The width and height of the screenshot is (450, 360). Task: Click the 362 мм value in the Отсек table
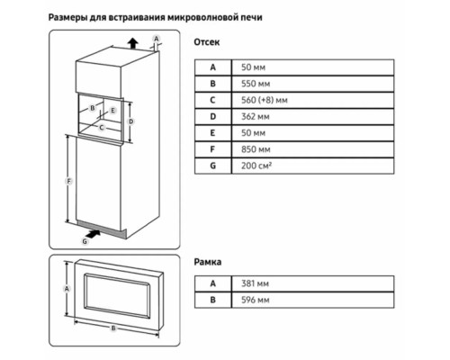(256, 116)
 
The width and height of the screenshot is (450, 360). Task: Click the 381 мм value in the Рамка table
(255, 283)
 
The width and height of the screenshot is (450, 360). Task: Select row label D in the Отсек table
(212, 116)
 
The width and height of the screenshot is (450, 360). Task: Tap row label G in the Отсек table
(212, 166)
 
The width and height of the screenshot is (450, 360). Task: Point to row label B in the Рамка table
(212, 300)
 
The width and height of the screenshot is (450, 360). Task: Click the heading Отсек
(207, 42)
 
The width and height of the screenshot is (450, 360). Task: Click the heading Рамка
(208, 262)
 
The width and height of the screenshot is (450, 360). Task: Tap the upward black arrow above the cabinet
(132, 43)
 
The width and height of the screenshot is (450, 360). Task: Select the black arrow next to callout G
(94, 234)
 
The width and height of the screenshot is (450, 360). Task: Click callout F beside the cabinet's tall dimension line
(68, 181)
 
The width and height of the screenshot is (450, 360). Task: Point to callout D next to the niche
(130, 121)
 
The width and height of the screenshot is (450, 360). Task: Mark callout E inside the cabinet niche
(112, 111)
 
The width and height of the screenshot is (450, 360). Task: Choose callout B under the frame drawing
(113, 328)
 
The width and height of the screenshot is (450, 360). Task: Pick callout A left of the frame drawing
(67, 289)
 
